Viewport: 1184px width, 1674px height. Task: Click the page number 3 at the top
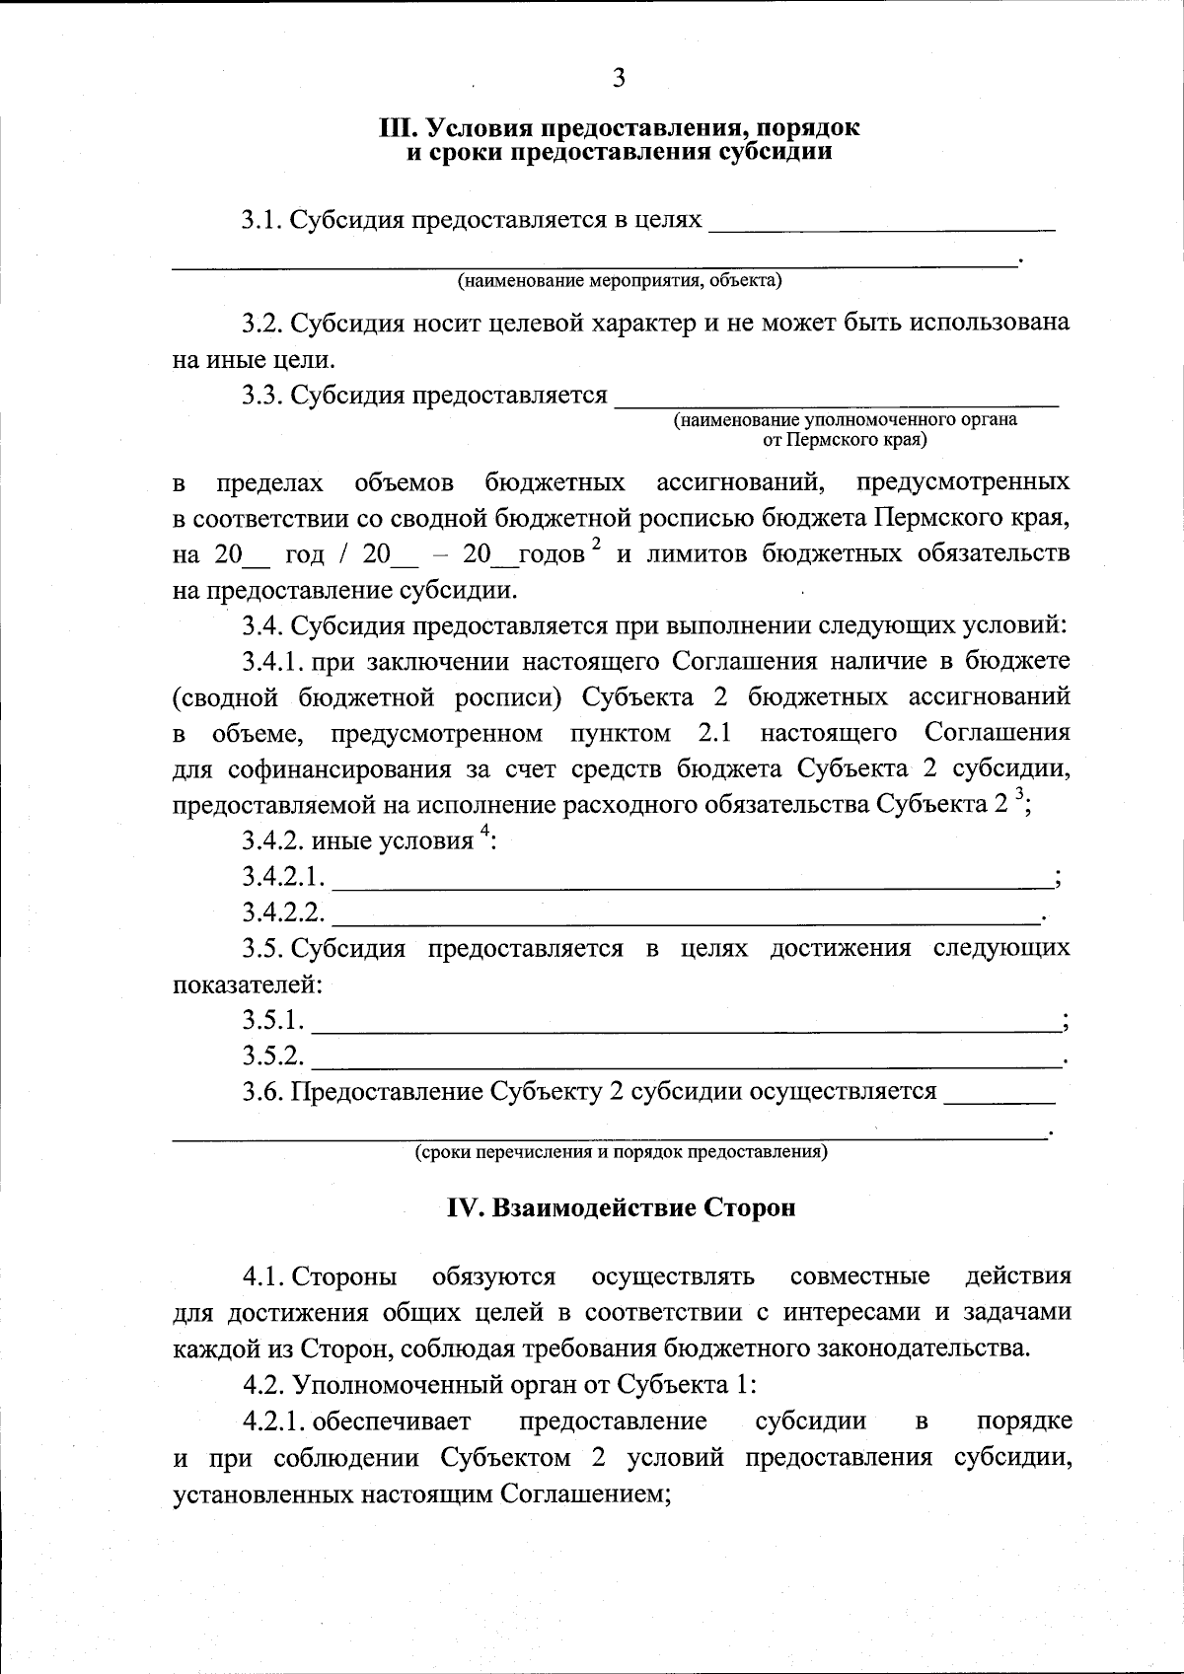(619, 79)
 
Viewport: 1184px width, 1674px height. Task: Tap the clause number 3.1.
(262, 220)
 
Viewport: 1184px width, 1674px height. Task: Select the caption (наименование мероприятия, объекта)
(619, 281)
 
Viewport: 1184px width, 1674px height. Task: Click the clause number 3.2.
(262, 324)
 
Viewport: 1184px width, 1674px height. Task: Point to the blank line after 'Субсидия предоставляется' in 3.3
(836, 402)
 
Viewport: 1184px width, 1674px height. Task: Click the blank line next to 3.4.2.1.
(691, 884)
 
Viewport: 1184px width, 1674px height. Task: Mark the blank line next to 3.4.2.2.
(686, 919)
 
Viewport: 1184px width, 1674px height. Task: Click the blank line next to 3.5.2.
(686, 1063)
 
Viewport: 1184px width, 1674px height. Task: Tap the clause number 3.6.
(262, 1092)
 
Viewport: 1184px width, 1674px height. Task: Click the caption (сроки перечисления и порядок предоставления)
(621, 1152)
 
